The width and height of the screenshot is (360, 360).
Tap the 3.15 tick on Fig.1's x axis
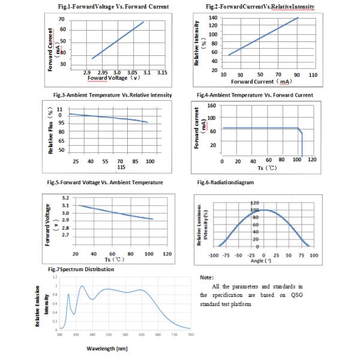click(161, 73)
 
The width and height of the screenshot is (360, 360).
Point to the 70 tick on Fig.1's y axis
click(62, 20)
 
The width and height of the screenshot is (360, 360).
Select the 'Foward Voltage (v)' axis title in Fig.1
click(114, 79)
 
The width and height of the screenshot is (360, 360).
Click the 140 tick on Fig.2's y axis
click(212, 17)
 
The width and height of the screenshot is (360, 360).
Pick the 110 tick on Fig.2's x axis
click(313, 75)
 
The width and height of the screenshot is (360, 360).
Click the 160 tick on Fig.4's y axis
click(211, 106)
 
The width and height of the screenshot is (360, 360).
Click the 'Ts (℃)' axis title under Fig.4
click(263, 169)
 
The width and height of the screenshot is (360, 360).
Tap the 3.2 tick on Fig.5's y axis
click(66, 197)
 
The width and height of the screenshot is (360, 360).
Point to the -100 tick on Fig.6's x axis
click(212, 254)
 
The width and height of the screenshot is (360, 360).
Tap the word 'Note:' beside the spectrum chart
click(206, 278)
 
